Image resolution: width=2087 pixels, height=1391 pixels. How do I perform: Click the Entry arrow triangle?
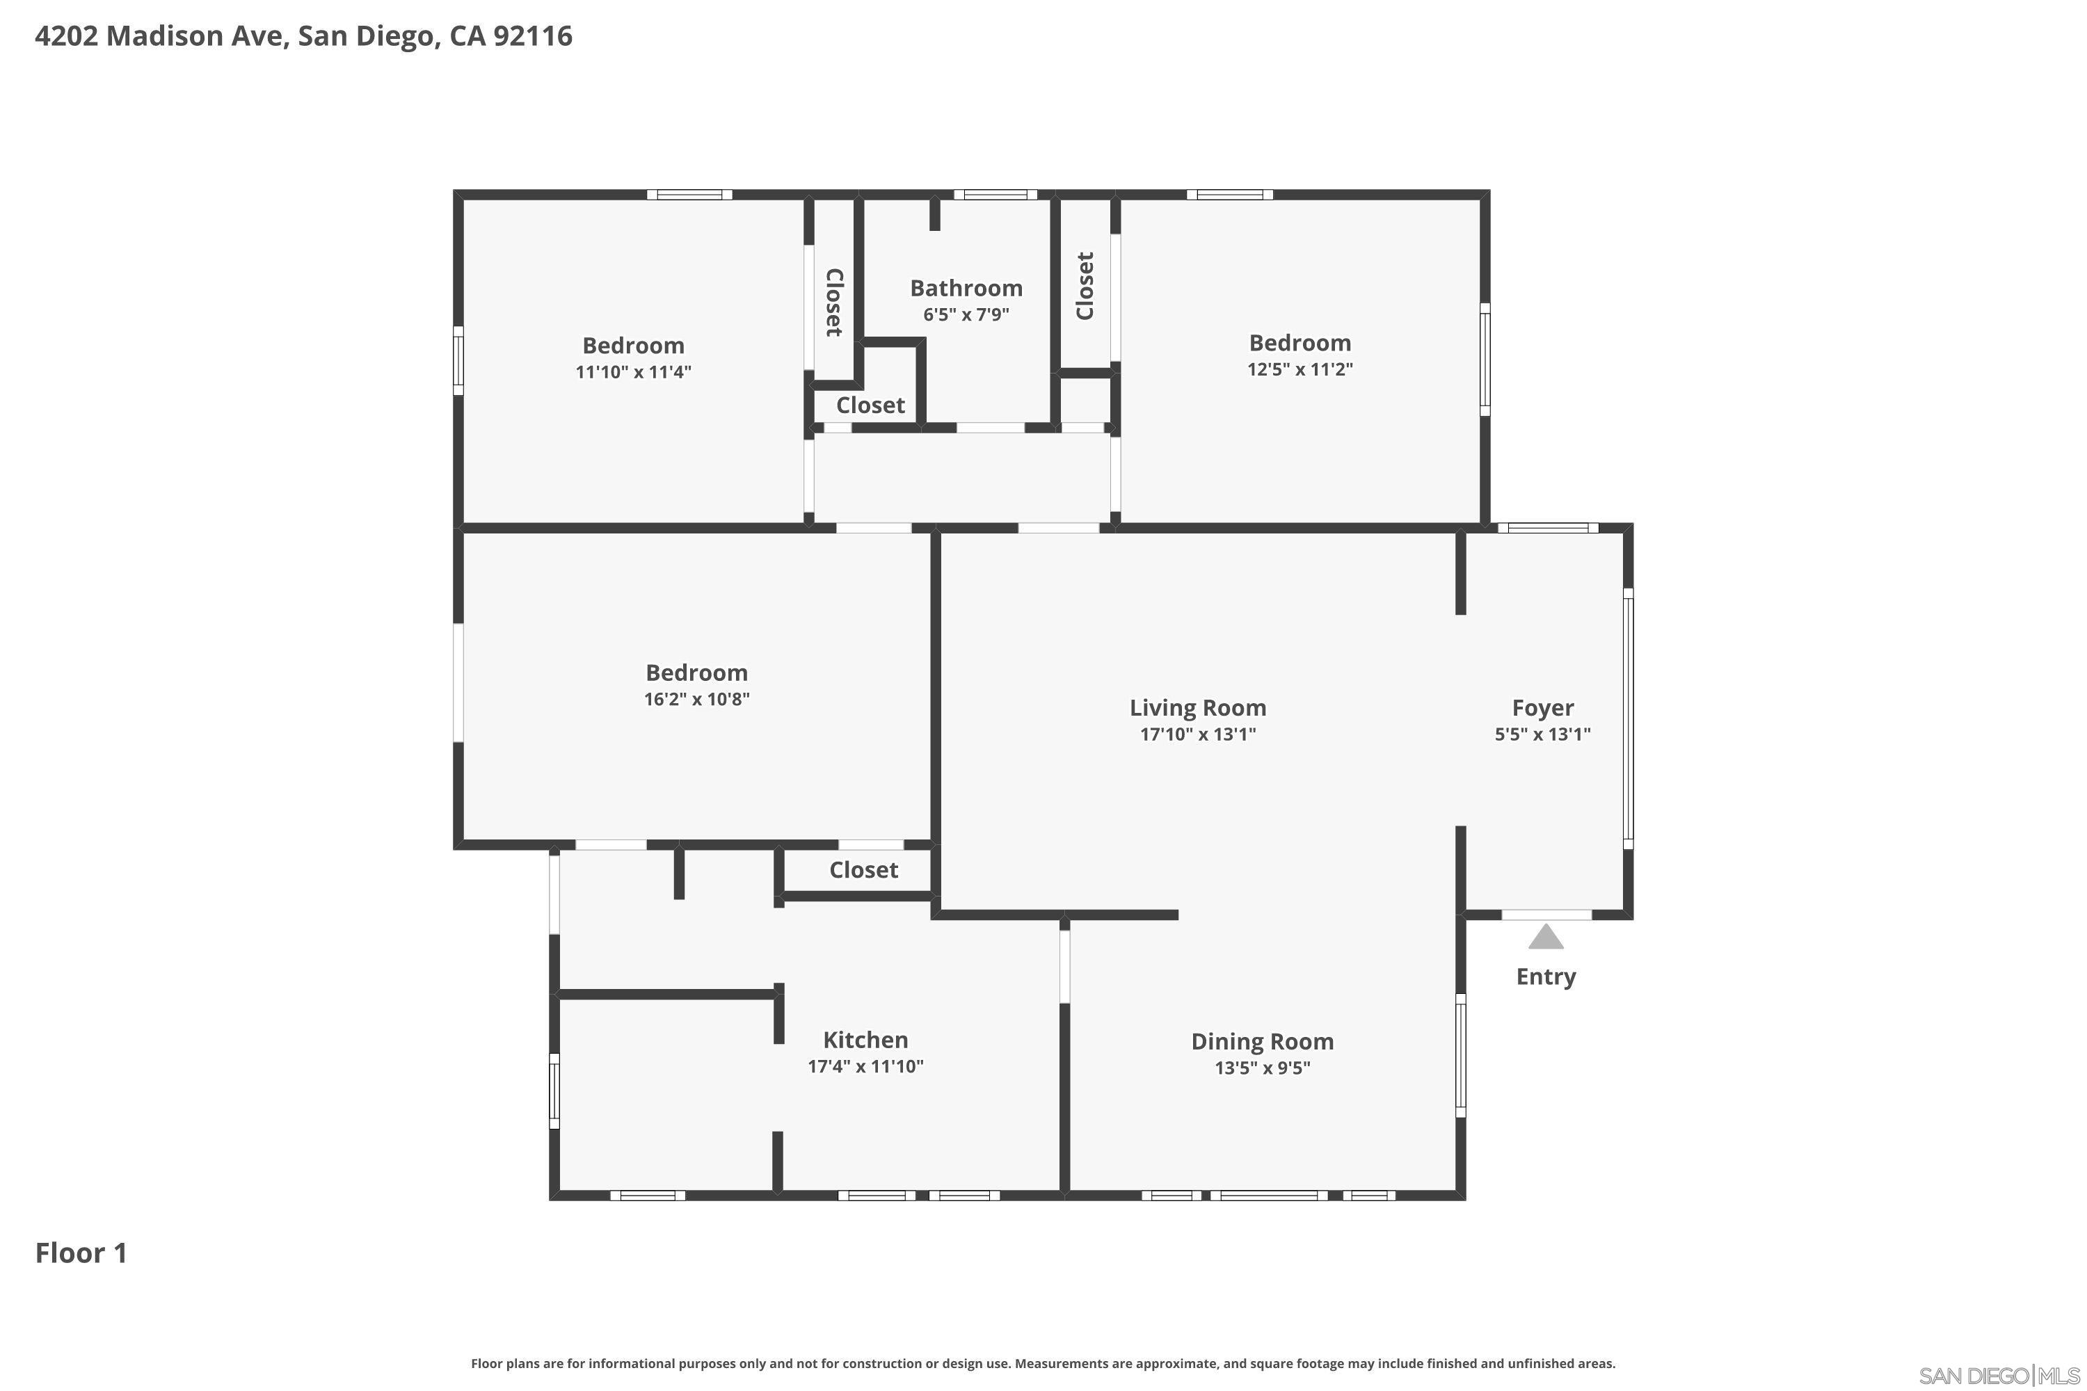pos(1546,938)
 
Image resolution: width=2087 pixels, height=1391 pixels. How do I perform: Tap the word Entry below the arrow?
pos(1546,976)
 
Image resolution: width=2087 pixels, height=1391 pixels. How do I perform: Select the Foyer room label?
pos(1542,708)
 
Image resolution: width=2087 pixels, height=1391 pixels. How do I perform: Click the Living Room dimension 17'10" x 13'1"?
pos(1197,734)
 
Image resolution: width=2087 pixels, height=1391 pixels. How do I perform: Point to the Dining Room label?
pos(1262,1041)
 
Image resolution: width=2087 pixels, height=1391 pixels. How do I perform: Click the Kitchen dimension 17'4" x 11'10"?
pos(865,1066)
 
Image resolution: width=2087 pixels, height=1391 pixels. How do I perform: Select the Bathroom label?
pos(966,289)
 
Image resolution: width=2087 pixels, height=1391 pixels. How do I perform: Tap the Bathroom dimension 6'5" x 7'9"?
pos(966,315)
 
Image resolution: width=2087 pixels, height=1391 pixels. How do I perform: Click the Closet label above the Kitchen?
pos(863,870)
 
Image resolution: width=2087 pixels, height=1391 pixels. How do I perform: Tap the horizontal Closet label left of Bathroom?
pos(870,405)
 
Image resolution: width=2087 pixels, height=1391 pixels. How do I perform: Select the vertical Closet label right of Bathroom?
pos(1085,286)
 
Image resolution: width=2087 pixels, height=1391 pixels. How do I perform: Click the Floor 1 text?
pos(81,1253)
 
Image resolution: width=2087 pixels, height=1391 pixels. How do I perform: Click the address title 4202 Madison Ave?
pos(303,36)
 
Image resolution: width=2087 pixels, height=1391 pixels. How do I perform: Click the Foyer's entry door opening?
pos(1546,915)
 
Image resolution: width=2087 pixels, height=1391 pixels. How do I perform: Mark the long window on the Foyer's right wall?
pos(1629,718)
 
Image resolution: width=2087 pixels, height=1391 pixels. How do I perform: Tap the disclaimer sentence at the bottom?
pos(1043,1363)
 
